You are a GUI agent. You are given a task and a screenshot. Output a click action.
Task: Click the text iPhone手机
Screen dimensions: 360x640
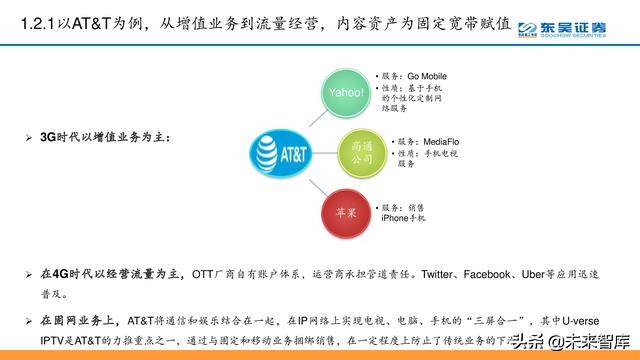click(x=403, y=217)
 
